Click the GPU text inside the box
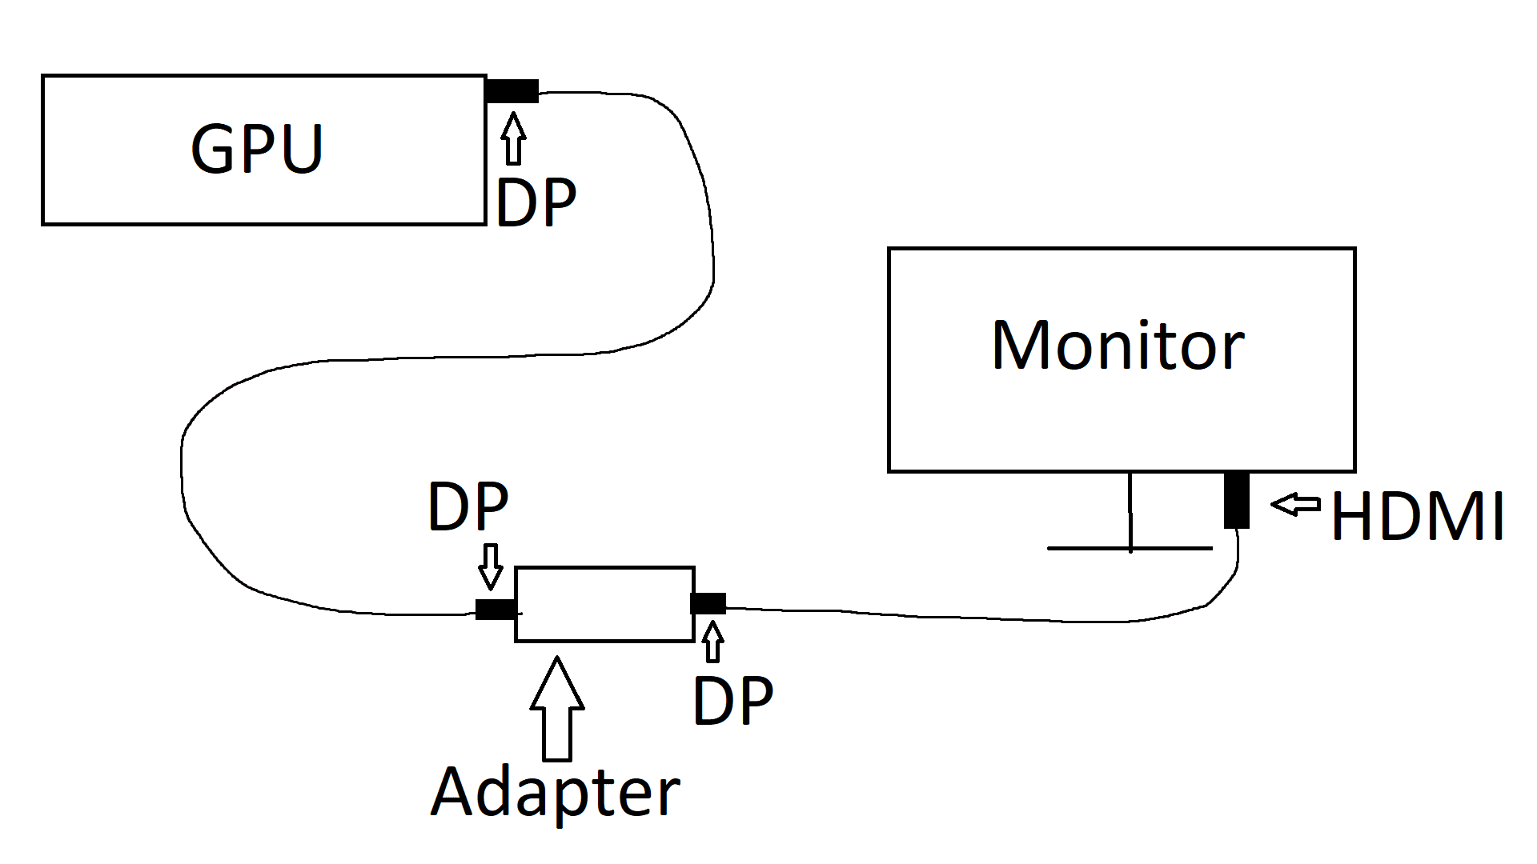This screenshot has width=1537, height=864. pyautogui.click(x=257, y=149)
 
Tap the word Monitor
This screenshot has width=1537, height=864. pyautogui.click(x=1118, y=346)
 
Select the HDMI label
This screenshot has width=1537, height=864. pyautogui.click(x=1417, y=517)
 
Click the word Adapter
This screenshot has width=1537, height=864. pyautogui.click(x=555, y=792)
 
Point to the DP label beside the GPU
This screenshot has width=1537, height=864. pyautogui.click(x=536, y=203)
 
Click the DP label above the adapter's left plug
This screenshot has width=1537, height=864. pyautogui.click(x=468, y=506)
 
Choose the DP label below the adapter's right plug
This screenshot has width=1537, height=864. pyautogui.click(x=732, y=701)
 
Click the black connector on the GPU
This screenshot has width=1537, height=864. pyautogui.click(x=512, y=91)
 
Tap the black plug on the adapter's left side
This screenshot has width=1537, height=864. pyautogui.click(x=496, y=609)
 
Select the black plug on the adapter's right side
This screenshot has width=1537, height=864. pyautogui.click(x=708, y=603)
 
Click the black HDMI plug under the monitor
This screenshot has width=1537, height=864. pyautogui.click(x=1237, y=500)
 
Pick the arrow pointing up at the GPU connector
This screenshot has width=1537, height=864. pyautogui.click(x=514, y=138)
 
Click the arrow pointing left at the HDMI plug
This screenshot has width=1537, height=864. pyautogui.click(x=1295, y=504)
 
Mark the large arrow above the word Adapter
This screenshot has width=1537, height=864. pyautogui.click(x=557, y=708)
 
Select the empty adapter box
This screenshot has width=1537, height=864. pyautogui.click(x=604, y=604)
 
